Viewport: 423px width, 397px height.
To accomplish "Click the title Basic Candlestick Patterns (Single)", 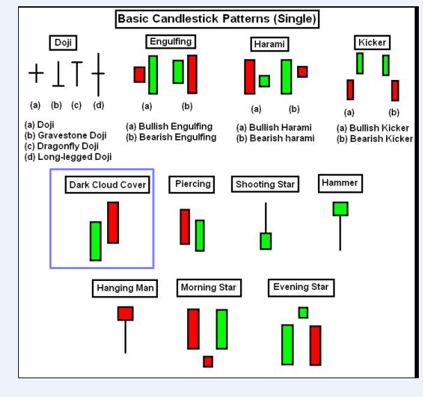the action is click(x=217, y=19).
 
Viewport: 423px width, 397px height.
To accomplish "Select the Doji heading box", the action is click(x=63, y=42).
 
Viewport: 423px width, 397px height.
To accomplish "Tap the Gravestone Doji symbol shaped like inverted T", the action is click(x=58, y=74).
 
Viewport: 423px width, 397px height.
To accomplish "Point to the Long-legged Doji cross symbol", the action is click(x=98, y=74).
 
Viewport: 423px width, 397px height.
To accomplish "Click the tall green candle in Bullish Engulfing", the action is click(x=153, y=74).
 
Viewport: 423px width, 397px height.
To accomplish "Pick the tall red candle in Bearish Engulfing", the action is click(x=192, y=74).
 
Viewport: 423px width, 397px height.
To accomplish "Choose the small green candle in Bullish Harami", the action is click(x=264, y=81).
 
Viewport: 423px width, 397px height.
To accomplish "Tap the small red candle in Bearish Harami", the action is click(x=303, y=72).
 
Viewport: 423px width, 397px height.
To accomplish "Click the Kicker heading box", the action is click(x=372, y=42).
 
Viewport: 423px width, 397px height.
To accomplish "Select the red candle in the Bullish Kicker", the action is click(x=351, y=90).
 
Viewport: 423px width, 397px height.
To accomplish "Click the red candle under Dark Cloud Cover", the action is click(x=113, y=222).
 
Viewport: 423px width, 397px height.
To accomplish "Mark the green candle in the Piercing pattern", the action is click(x=200, y=236).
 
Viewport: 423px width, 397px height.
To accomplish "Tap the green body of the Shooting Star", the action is click(x=266, y=241).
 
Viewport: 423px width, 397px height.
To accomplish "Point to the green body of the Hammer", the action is click(x=340, y=209).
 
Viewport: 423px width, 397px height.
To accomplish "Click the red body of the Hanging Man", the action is click(x=125, y=314).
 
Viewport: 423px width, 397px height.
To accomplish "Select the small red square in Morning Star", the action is click(x=208, y=362).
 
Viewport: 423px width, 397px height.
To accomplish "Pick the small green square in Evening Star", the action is click(x=303, y=313).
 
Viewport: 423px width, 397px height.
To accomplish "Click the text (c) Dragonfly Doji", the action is click(x=61, y=146).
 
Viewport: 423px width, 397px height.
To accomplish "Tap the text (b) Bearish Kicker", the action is click(x=375, y=139).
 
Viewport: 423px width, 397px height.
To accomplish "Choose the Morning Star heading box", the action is click(x=209, y=288).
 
